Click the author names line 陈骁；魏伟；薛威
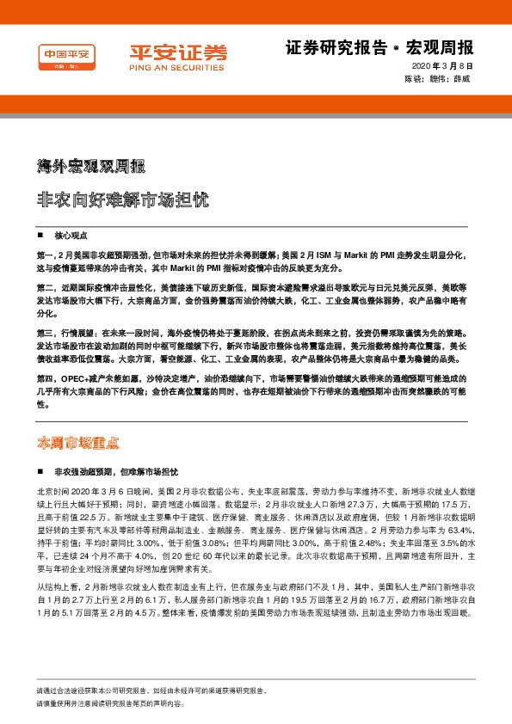[x=438, y=79]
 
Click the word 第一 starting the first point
[x=46, y=255]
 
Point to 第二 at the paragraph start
[x=46, y=285]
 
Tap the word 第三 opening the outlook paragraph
[x=46, y=331]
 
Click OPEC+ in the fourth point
[x=77, y=377]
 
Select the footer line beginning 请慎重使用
[x=109, y=703]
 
